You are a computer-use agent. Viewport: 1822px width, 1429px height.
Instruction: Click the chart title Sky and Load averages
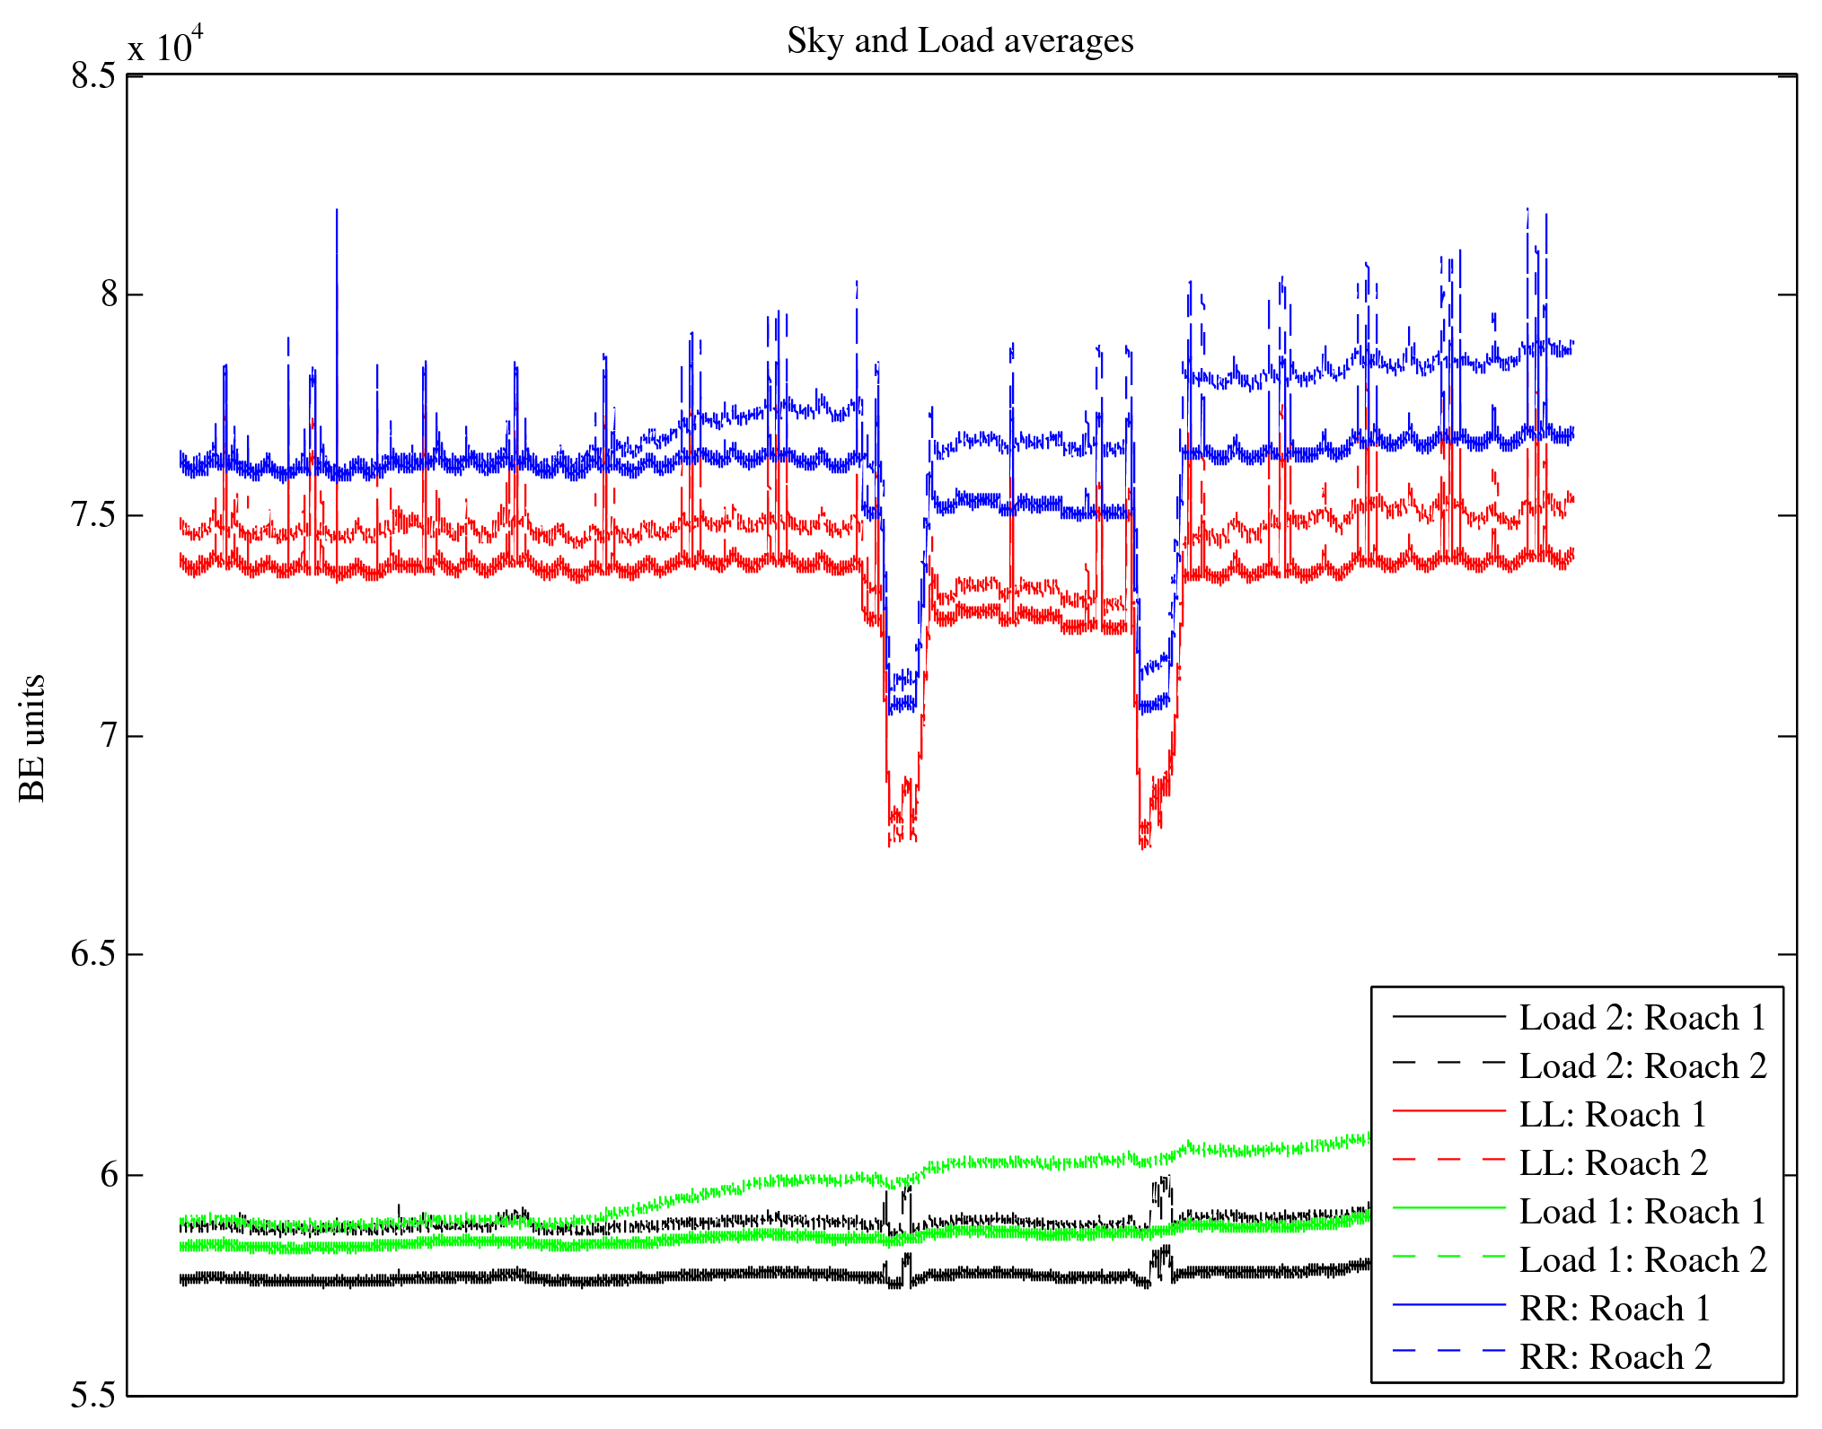[960, 41]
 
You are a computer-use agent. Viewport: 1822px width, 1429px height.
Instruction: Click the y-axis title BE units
[32, 738]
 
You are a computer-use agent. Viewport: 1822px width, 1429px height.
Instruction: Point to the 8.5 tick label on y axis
[94, 75]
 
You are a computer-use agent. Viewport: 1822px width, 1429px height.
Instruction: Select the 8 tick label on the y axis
[110, 294]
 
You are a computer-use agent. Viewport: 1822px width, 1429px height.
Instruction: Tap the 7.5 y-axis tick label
[94, 515]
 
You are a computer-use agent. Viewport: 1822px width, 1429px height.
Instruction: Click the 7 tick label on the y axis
[110, 736]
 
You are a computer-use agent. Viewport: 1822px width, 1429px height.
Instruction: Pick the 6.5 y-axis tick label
[94, 954]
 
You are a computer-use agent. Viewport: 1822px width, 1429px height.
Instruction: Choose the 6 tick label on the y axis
[110, 1175]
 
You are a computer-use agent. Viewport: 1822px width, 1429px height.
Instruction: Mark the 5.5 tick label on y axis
[94, 1396]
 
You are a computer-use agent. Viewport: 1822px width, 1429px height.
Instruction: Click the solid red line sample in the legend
[1448, 1111]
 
